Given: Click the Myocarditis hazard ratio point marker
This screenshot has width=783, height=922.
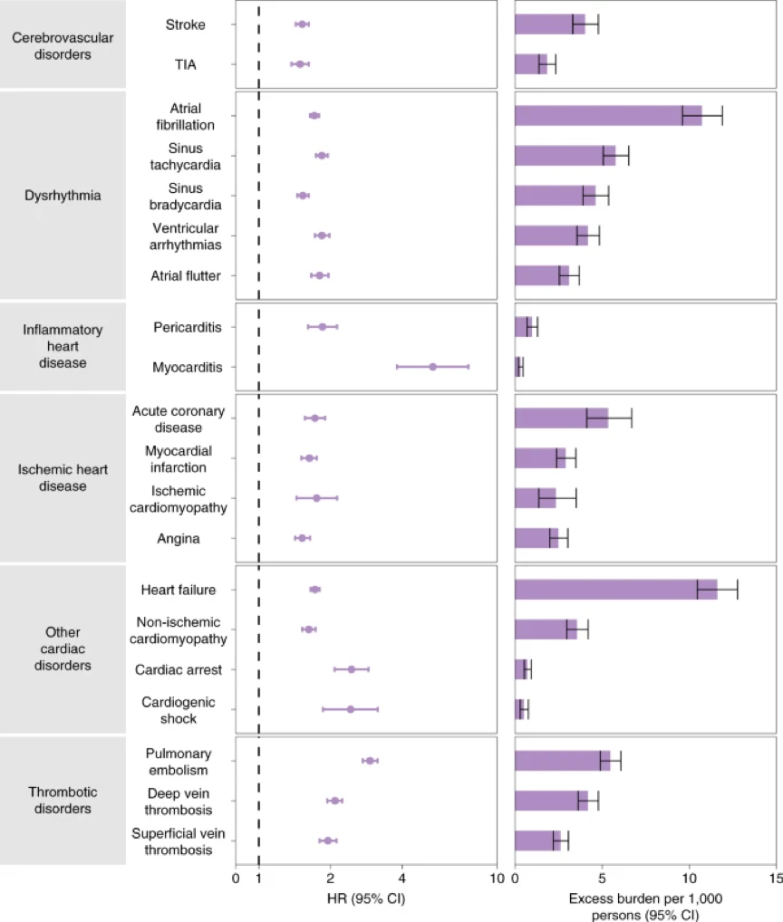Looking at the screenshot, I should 432,367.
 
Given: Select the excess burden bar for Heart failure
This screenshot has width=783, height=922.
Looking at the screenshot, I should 615,590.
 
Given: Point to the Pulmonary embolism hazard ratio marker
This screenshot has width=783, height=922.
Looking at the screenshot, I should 370,761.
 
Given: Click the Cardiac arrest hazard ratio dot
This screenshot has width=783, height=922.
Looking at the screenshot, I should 352,669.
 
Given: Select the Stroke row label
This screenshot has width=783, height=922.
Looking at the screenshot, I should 185,24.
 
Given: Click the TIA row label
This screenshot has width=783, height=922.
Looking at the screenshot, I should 185,64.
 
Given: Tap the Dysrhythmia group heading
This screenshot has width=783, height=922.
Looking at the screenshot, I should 63,195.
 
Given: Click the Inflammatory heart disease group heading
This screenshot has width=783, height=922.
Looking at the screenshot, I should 63,346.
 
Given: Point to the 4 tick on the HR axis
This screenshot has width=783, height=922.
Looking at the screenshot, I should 401,877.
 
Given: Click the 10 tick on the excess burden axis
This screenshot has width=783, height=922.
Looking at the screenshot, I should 690,877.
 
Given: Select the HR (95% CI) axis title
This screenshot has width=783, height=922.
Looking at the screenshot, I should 365,898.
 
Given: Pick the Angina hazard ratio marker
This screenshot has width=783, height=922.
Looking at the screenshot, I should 302,538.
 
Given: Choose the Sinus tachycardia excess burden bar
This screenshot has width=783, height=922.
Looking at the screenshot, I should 565,155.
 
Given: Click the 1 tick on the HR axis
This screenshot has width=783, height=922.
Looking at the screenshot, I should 259,877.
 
